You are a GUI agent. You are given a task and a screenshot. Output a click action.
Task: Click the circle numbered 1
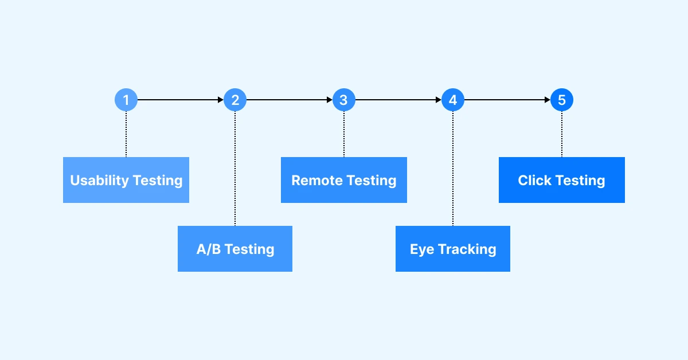click(126, 100)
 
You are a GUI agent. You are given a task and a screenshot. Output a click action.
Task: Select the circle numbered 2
click(235, 100)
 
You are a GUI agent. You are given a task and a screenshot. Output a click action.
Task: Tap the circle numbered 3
click(344, 100)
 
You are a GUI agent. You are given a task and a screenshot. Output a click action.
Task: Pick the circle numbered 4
click(453, 100)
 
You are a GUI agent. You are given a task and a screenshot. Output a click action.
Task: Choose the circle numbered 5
click(562, 100)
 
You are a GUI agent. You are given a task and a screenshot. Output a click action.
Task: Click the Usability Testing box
click(126, 180)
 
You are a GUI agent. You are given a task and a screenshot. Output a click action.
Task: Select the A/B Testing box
click(235, 249)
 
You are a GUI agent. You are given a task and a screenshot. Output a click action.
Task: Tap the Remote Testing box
click(344, 180)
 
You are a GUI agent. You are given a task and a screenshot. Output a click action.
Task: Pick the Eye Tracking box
click(453, 249)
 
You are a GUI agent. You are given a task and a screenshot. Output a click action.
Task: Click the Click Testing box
click(562, 180)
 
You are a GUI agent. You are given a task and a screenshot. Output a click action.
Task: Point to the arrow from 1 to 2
click(181, 100)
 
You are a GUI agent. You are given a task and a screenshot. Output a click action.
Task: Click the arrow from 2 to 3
click(290, 100)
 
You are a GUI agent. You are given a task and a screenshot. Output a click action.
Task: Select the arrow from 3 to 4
click(398, 100)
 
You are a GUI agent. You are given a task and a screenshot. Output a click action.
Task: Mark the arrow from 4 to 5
click(507, 100)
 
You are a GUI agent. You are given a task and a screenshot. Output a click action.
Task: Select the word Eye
click(422, 249)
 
